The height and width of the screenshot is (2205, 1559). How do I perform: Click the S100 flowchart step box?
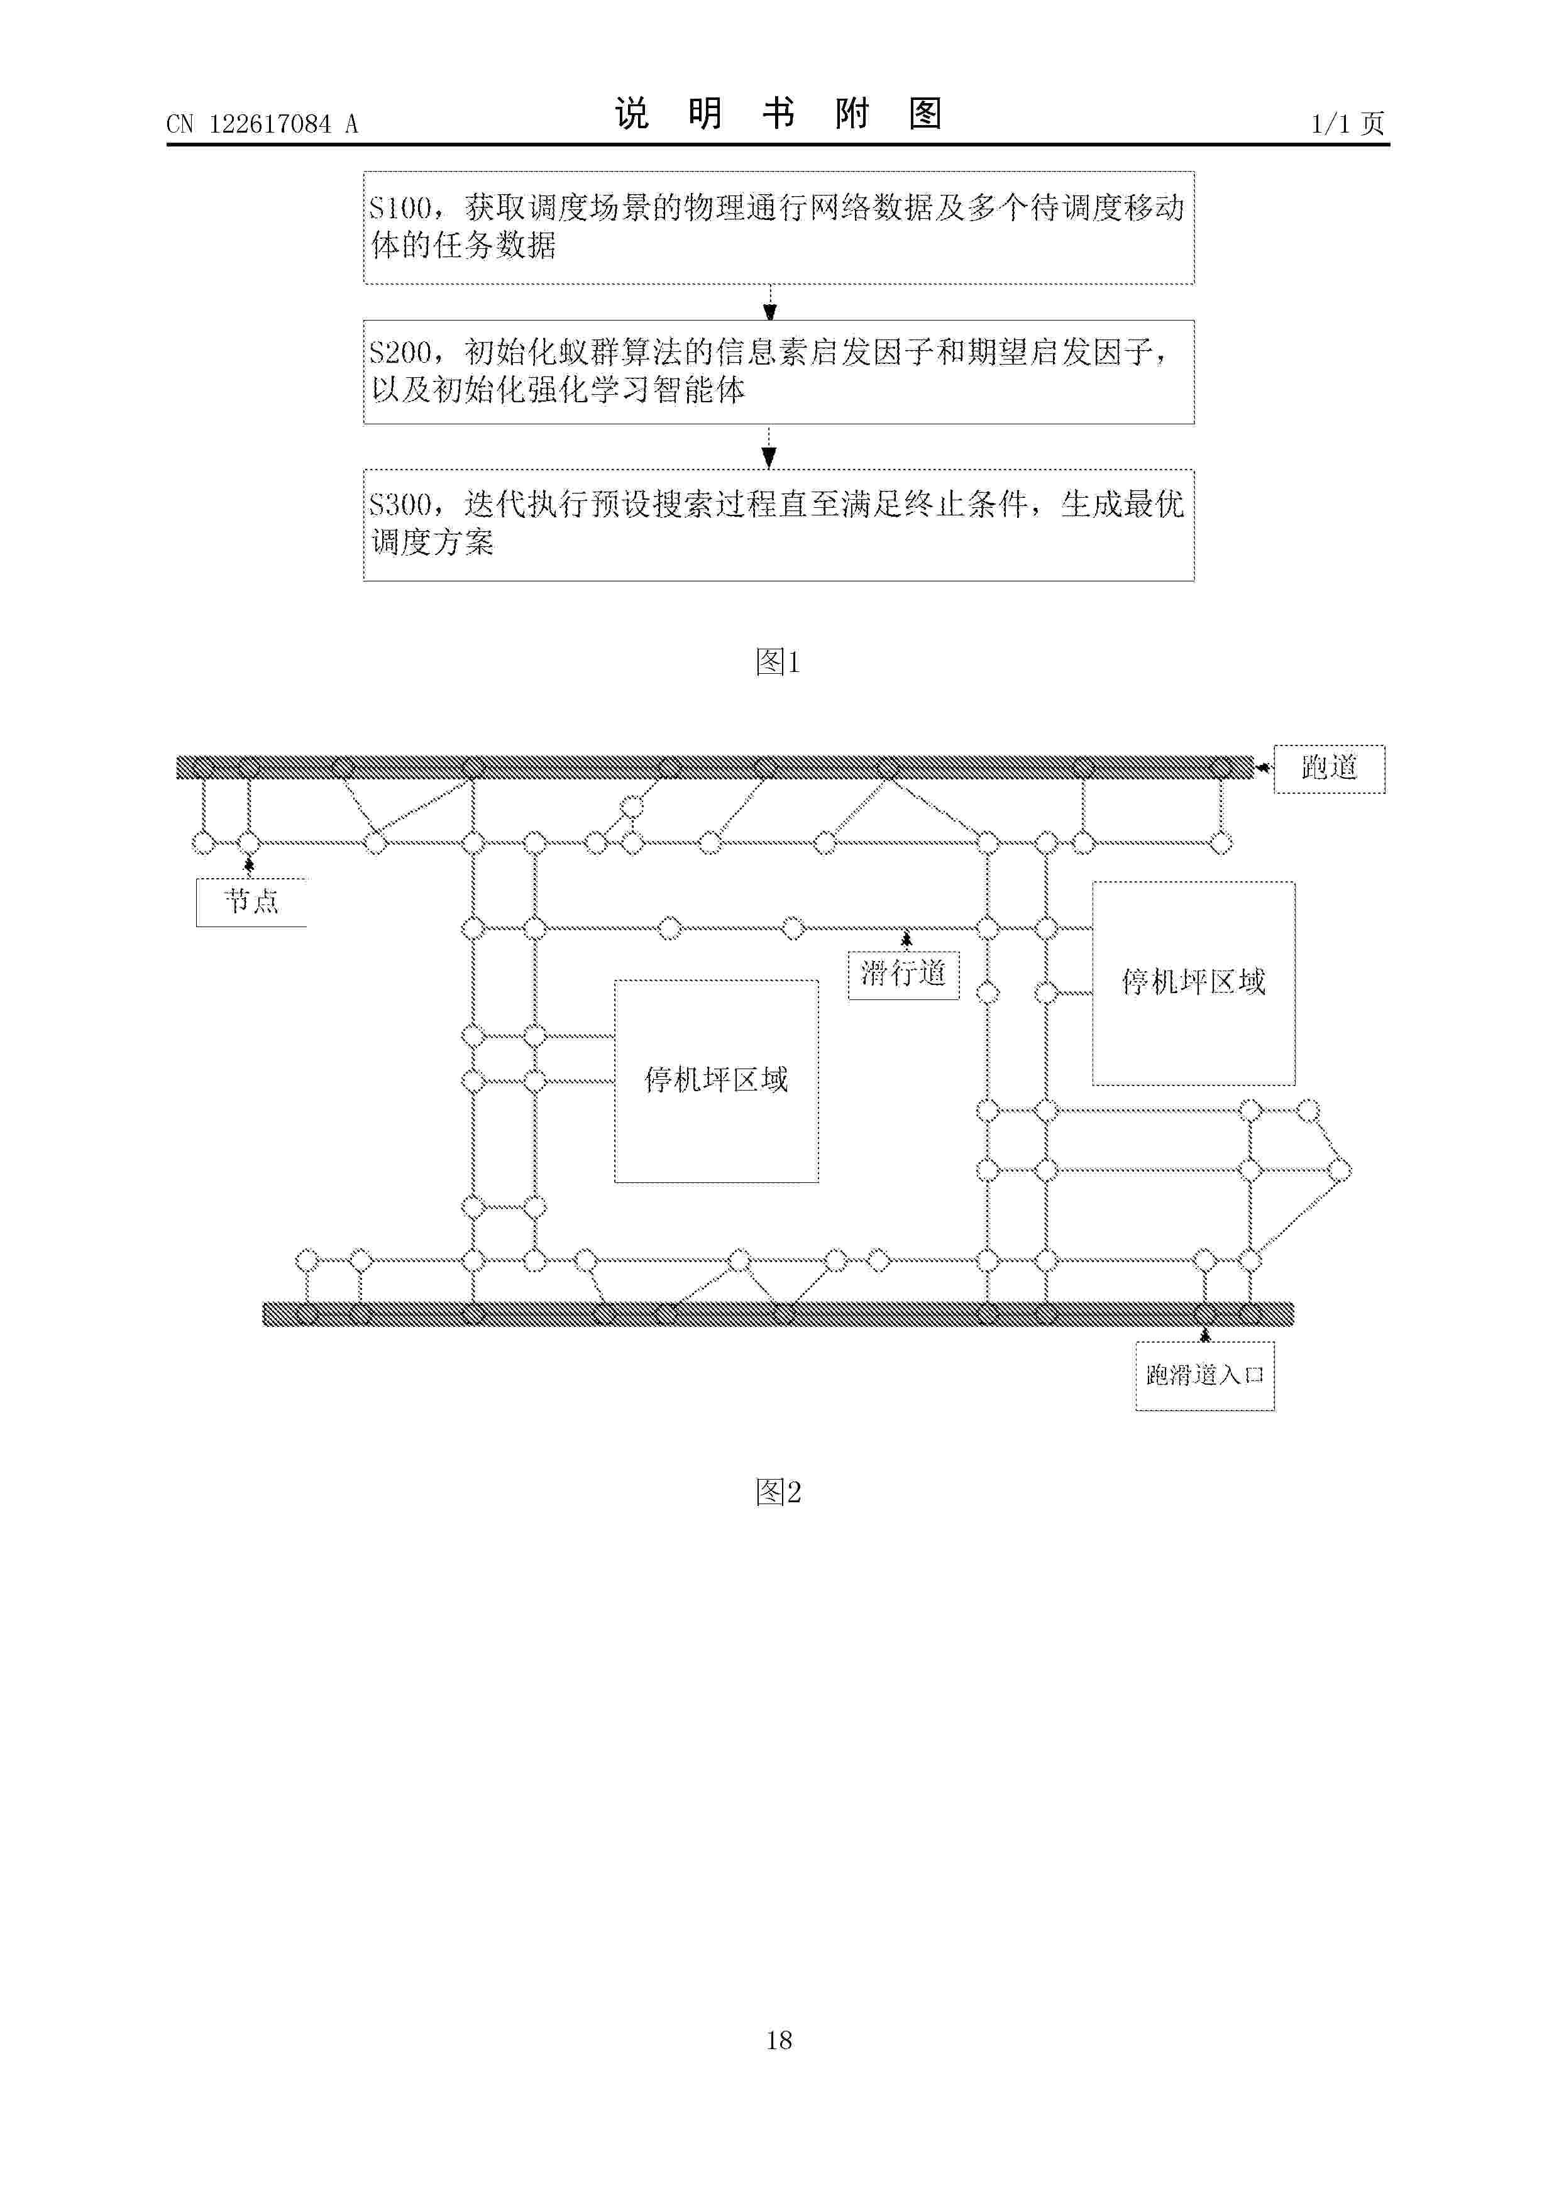pyautogui.click(x=778, y=228)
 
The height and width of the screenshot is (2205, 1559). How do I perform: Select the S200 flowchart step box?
pyautogui.click(x=778, y=371)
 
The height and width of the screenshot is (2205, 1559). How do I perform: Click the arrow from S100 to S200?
pyautogui.click(x=769, y=302)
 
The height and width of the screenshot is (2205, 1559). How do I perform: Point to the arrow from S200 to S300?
pyautogui.click(x=768, y=446)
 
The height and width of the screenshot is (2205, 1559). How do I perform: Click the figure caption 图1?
pyautogui.click(x=778, y=662)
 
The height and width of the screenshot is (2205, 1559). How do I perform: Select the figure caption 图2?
pyautogui.click(x=778, y=1492)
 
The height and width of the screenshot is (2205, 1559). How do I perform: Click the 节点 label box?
pyautogui.click(x=251, y=903)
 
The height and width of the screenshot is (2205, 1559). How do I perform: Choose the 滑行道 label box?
pyautogui.click(x=903, y=975)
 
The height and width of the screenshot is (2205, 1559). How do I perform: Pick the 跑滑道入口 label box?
pyautogui.click(x=1204, y=1376)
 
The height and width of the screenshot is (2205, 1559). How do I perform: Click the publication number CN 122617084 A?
pyautogui.click(x=262, y=124)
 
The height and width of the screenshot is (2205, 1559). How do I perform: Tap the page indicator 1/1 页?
pyautogui.click(x=1348, y=124)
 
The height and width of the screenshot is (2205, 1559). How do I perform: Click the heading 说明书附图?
pyautogui.click(x=778, y=114)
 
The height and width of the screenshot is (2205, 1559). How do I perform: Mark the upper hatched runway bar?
pyautogui.click(x=715, y=767)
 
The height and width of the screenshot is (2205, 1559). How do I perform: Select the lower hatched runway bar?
pyautogui.click(x=778, y=1314)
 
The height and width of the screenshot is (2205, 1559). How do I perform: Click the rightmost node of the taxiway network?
pyautogui.click(x=1340, y=1170)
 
